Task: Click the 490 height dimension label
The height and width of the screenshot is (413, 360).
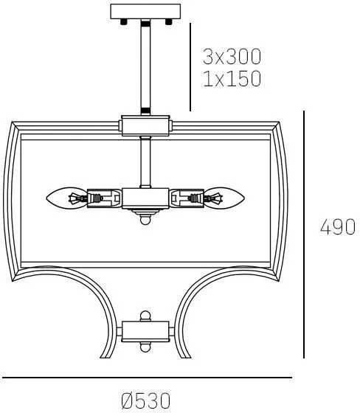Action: pyautogui.click(x=338, y=227)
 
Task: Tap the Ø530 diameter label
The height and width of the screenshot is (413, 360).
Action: pyautogui.click(x=146, y=401)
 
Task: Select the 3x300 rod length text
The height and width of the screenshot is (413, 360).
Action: pyautogui.click(x=232, y=56)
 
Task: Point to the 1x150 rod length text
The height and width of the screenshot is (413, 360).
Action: pyautogui.click(x=232, y=78)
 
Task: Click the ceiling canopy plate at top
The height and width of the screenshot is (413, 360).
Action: pyautogui.click(x=145, y=12)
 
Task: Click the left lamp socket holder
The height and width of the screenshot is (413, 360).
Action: pyautogui.click(x=104, y=198)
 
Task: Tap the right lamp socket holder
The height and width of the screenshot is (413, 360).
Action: pyautogui.click(x=187, y=198)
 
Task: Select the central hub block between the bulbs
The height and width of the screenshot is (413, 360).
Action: pyautogui.click(x=145, y=198)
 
